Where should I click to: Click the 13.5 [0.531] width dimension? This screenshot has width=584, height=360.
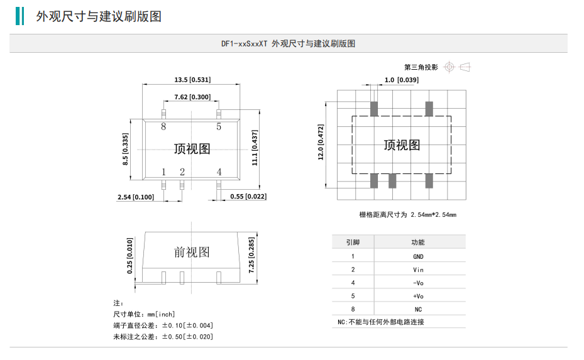pos(192,80)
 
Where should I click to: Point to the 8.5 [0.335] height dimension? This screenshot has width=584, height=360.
pos(125,149)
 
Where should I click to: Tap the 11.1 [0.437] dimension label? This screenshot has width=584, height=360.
pos(255,148)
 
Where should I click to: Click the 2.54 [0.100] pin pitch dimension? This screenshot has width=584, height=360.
pos(135,197)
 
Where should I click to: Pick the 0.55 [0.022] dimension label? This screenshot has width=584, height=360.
pos(248,197)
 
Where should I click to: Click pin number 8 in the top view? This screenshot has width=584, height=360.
pos(163,127)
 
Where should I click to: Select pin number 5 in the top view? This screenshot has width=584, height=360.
pos(219,127)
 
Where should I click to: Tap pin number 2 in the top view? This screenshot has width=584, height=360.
pos(182,172)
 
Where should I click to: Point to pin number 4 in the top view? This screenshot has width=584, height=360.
pos(219,172)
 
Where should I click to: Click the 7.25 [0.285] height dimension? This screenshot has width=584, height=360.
pos(251,256)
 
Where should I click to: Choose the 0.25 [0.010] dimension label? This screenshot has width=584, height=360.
pos(129,256)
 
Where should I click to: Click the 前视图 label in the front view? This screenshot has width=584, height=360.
pos(192,252)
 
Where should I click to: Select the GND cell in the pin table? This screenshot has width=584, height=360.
pos(418,256)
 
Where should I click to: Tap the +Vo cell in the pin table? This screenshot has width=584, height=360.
pos(418,296)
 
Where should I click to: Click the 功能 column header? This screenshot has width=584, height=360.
pos(418,242)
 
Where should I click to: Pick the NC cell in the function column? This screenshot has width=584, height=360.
pos(418,309)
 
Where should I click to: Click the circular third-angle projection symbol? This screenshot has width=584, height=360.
pos(448,67)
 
